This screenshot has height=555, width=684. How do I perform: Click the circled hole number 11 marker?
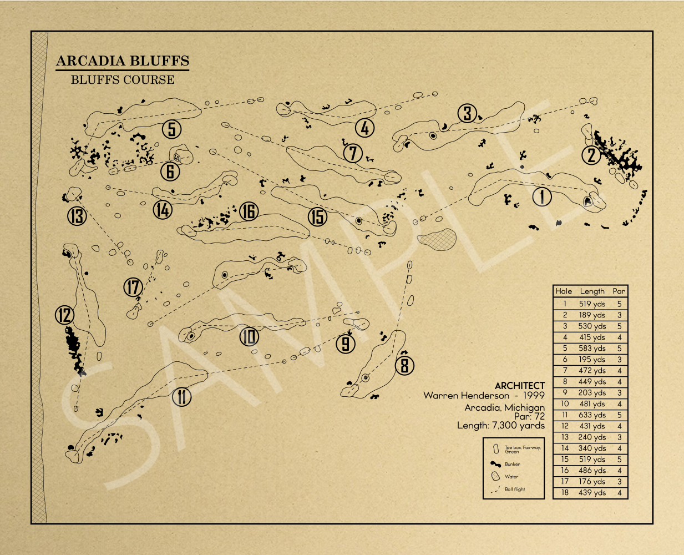coord(181,397)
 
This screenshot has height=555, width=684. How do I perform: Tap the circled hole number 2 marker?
coord(591,155)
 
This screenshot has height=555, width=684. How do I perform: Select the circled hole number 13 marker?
coord(77,215)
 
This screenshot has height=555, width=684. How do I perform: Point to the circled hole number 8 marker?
coord(404,365)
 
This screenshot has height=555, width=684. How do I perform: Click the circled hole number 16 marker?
coord(249,211)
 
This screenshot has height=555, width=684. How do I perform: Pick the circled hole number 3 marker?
coord(468,113)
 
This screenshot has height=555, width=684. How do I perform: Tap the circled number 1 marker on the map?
coord(542,196)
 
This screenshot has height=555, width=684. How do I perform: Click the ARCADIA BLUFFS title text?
coord(123,61)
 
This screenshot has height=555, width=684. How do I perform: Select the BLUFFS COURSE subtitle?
coord(123,80)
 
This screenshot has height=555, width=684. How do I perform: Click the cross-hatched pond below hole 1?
coord(437,239)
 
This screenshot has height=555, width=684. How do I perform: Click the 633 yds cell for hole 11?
coord(592,415)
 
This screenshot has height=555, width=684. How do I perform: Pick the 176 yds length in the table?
coord(592,482)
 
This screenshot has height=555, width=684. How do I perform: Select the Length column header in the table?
coord(592,291)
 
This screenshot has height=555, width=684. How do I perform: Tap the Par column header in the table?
coord(619,291)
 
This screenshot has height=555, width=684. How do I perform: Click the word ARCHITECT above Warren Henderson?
coord(519,385)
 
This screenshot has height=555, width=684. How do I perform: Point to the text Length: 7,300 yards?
coord(500,426)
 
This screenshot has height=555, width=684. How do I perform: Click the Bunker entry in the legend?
coord(512,464)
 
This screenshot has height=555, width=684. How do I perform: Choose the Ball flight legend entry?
coord(514,490)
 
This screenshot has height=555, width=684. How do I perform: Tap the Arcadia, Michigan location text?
coord(504,407)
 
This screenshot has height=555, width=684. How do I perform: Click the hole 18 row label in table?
coord(564,493)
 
